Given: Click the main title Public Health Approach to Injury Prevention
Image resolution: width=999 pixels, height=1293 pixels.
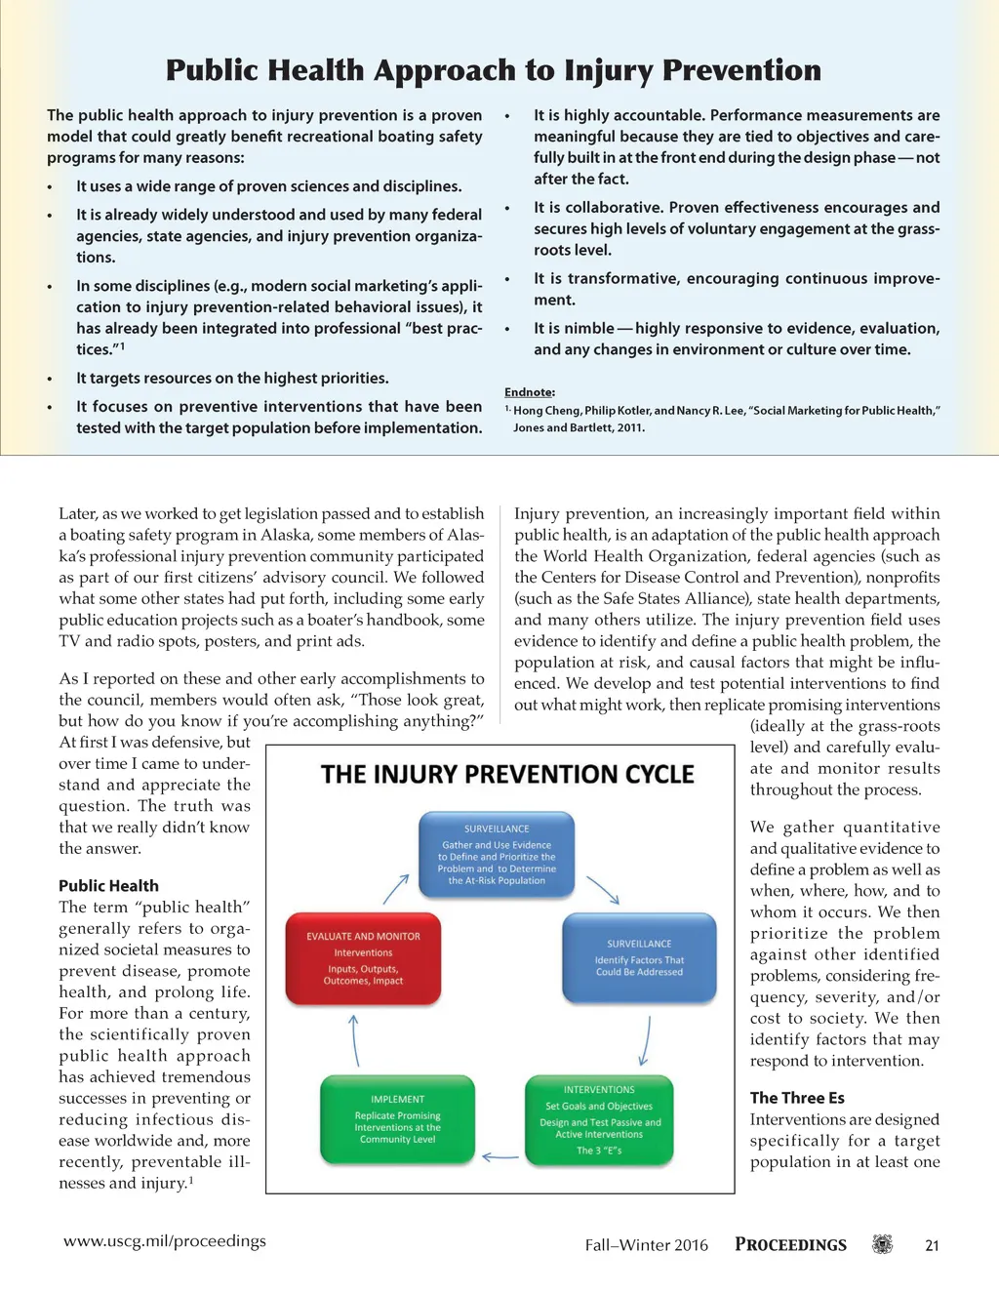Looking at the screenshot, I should pyautogui.click(x=493, y=70).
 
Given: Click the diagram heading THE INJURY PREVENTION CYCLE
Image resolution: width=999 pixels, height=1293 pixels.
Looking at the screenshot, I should pyautogui.click(x=507, y=775).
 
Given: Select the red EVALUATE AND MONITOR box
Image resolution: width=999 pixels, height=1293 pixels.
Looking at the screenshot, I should pyautogui.click(x=363, y=959).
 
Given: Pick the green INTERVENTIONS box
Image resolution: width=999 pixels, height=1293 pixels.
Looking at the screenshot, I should pyautogui.click(x=599, y=1120).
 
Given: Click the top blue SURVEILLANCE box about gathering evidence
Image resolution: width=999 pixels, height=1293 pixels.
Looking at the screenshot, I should pyautogui.click(x=497, y=855).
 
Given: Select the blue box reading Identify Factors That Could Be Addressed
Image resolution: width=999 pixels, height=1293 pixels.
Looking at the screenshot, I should pyautogui.click(x=639, y=958).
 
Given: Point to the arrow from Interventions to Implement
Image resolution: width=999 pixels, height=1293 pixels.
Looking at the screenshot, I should pyautogui.click(x=500, y=1157).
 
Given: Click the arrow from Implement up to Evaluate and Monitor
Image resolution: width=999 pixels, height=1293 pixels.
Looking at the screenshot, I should pyautogui.click(x=354, y=1040).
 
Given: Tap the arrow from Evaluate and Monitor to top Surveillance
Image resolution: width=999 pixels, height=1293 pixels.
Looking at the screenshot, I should pyautogui.click(x=396, y=888).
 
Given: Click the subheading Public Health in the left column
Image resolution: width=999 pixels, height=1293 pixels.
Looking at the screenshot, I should pyautogui.click(x=108, y=886).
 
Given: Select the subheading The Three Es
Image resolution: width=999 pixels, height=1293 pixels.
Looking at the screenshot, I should pyautogui.click(x=797, y=1098).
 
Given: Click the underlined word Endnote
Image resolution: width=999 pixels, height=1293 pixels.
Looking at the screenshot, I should pyautogui.click(x=529, y=392).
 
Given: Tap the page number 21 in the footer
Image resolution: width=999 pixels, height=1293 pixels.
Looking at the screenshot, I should pyautogui.click(x=932, y=1245).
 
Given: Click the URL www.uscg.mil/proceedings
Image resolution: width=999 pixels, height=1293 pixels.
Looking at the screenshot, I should pyautogui.click(x=165, y=1241).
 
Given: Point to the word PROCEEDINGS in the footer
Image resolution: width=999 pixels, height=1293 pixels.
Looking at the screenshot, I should pyautogui.click(x=790, y=1245).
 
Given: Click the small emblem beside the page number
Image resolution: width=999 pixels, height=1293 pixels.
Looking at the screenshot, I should pyautogui.click(x=882, y=1244).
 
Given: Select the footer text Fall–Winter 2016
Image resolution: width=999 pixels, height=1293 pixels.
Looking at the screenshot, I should pyautogui.click(x=646, y=1245).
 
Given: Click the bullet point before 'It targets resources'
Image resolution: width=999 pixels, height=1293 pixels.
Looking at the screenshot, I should pyautogui.click(x=50, y=379).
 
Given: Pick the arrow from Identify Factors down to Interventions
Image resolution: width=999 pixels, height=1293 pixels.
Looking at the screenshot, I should pyautogui.click(x=646, y=1040).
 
